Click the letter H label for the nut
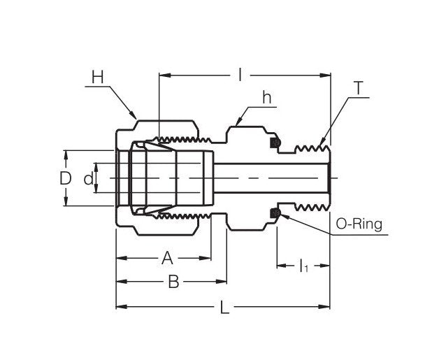point(97,76)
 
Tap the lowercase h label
point(266,99)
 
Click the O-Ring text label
point(359,224)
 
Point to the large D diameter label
point(65,178)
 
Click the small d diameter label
point(87,180)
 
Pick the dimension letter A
point(167,259)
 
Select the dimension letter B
point(174,282)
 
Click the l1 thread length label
point(303,266)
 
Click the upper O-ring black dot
point(275,143)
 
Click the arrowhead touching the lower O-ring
point(280,215)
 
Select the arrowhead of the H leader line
point(134,117)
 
